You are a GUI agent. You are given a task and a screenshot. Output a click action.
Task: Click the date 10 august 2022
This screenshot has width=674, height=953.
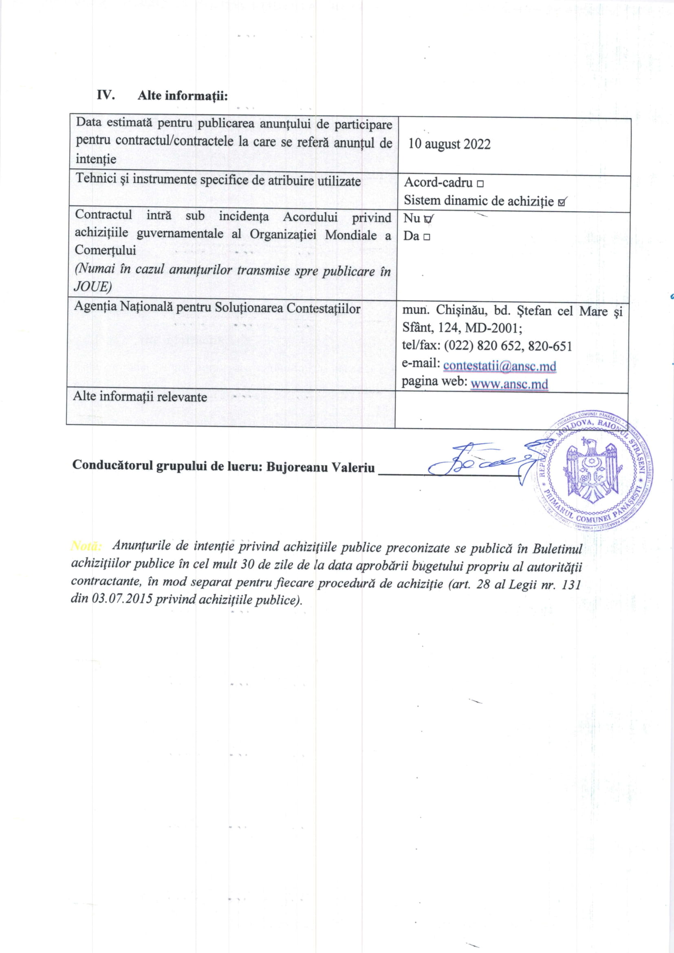tap(449, 144)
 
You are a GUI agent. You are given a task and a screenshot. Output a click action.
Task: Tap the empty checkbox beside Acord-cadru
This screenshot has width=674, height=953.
tap(480, 183)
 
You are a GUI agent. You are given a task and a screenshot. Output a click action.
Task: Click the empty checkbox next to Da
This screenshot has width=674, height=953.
tap(427, 237)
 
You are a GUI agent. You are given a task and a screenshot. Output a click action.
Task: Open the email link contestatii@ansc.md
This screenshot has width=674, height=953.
tap(500, 365)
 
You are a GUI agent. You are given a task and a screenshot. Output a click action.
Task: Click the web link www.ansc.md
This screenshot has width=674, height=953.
tap(509, 383)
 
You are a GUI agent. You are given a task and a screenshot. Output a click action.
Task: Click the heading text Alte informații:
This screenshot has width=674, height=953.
tap(183, 96)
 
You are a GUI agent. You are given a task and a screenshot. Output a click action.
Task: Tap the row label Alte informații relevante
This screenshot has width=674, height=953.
tap(140, 396)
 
